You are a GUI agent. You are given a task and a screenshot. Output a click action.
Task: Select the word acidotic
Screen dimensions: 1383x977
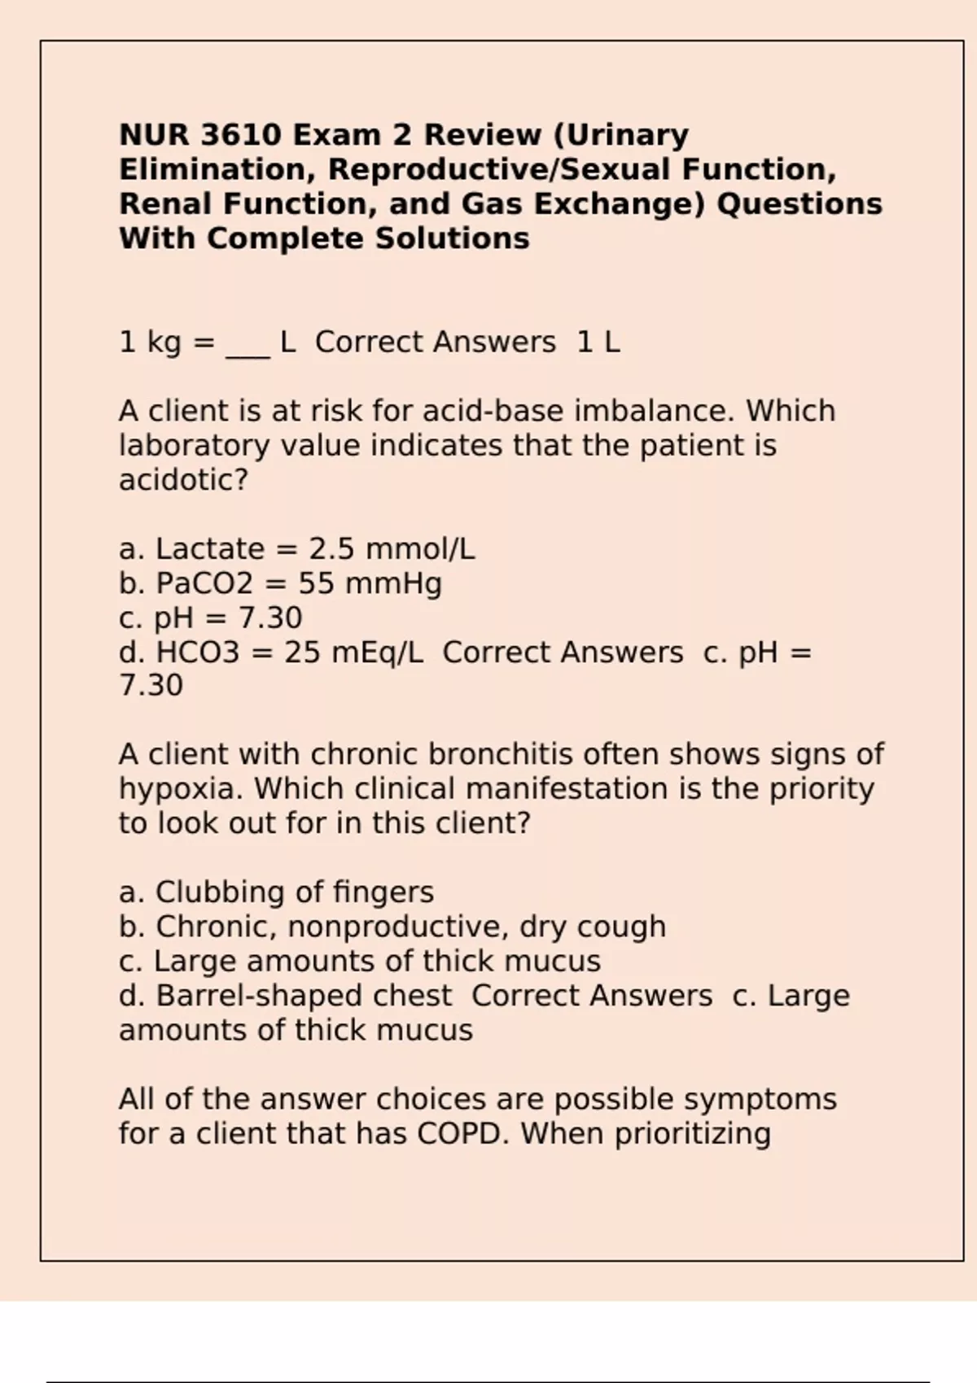click(x=182, y=480)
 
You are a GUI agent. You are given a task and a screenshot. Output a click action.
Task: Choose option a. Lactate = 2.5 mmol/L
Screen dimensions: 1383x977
click(x=296, y=549)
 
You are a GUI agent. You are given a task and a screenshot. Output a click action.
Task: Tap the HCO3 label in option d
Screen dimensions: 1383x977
click(x=198, y=652)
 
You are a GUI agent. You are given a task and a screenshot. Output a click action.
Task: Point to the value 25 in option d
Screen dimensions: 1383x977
click(x=302, y=652)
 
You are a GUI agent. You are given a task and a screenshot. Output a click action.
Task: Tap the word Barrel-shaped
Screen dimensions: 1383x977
click(x=304, y=996)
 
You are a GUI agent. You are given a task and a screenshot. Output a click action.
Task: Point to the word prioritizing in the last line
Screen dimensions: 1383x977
click(x=692, y=1133)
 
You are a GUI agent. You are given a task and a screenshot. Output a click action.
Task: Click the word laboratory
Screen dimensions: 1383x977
click(x=196, y=446)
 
